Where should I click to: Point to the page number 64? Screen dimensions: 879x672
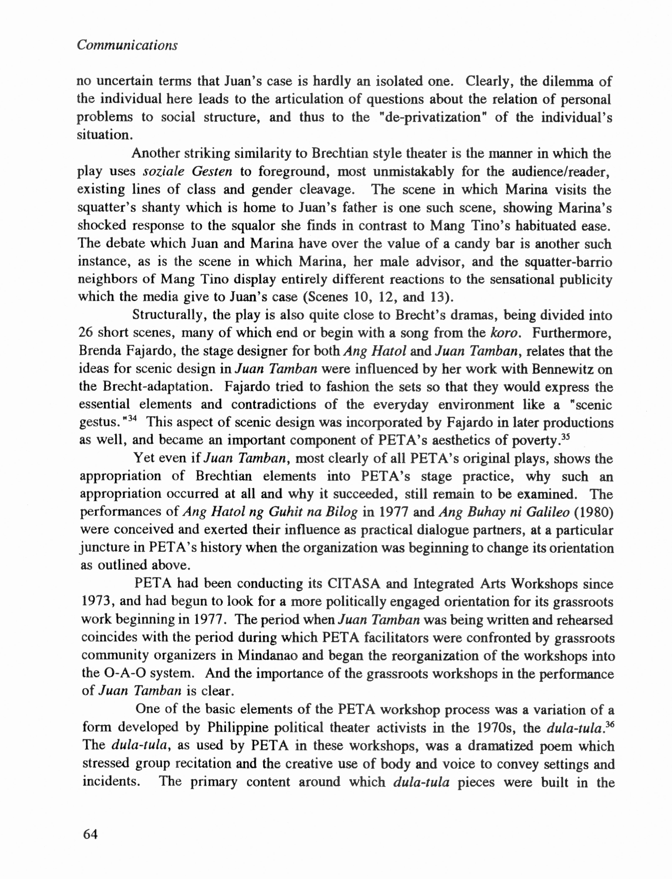(x=90, y=834)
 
